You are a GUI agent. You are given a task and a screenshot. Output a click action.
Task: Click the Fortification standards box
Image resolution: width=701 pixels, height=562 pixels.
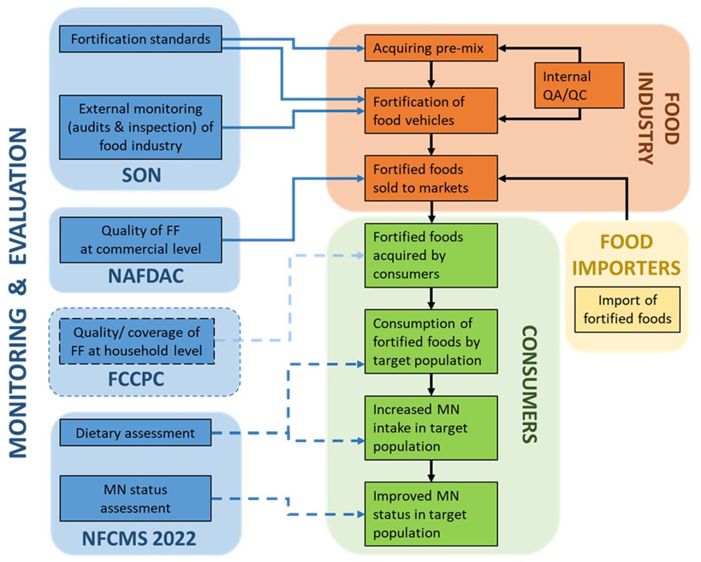(140, 39)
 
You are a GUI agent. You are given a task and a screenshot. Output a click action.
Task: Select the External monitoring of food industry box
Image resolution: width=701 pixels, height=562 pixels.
(140, 127)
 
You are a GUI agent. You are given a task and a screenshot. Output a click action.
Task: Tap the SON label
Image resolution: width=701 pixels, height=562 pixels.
(141, 175)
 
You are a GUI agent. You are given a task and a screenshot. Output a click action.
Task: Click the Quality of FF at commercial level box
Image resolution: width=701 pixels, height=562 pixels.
(140, 240)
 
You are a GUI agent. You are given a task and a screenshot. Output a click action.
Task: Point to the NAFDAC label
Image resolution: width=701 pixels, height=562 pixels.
(146, 276)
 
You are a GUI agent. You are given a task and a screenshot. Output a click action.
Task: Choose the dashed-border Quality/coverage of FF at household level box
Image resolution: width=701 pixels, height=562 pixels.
(136, 341)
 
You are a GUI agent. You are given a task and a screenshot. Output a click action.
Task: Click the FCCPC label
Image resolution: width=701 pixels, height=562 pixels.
(136, 379)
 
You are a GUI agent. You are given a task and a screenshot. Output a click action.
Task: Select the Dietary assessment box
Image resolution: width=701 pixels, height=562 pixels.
(135, 433)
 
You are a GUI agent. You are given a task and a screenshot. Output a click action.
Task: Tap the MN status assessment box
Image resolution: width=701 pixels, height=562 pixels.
(135, 499)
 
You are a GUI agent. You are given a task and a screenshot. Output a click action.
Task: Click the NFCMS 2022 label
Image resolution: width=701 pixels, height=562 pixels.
(139, 539)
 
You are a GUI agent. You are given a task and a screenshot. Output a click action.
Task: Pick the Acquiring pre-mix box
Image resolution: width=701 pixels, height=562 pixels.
(430, 48)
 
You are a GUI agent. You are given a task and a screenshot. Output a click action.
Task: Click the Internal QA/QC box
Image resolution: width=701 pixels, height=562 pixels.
(579, 85)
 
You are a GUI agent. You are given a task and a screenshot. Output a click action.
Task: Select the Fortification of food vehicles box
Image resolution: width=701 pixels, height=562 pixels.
(430, 111)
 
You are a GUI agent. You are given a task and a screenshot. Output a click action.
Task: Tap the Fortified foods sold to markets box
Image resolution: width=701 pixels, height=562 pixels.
(430, 178)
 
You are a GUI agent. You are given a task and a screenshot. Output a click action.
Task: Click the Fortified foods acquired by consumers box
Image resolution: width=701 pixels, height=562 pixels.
(430, 255)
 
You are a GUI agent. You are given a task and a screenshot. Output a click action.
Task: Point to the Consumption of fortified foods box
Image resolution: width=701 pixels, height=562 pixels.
(430, 341)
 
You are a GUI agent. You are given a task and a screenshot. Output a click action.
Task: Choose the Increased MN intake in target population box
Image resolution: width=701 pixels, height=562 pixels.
(430, 428)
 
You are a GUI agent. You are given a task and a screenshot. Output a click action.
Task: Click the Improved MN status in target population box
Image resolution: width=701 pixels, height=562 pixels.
(430, 514)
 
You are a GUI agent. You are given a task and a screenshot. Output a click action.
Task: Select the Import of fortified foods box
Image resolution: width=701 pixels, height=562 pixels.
(627, 310)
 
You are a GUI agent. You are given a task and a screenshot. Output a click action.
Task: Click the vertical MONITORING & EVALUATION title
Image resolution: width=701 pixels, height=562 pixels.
(18, 292)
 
